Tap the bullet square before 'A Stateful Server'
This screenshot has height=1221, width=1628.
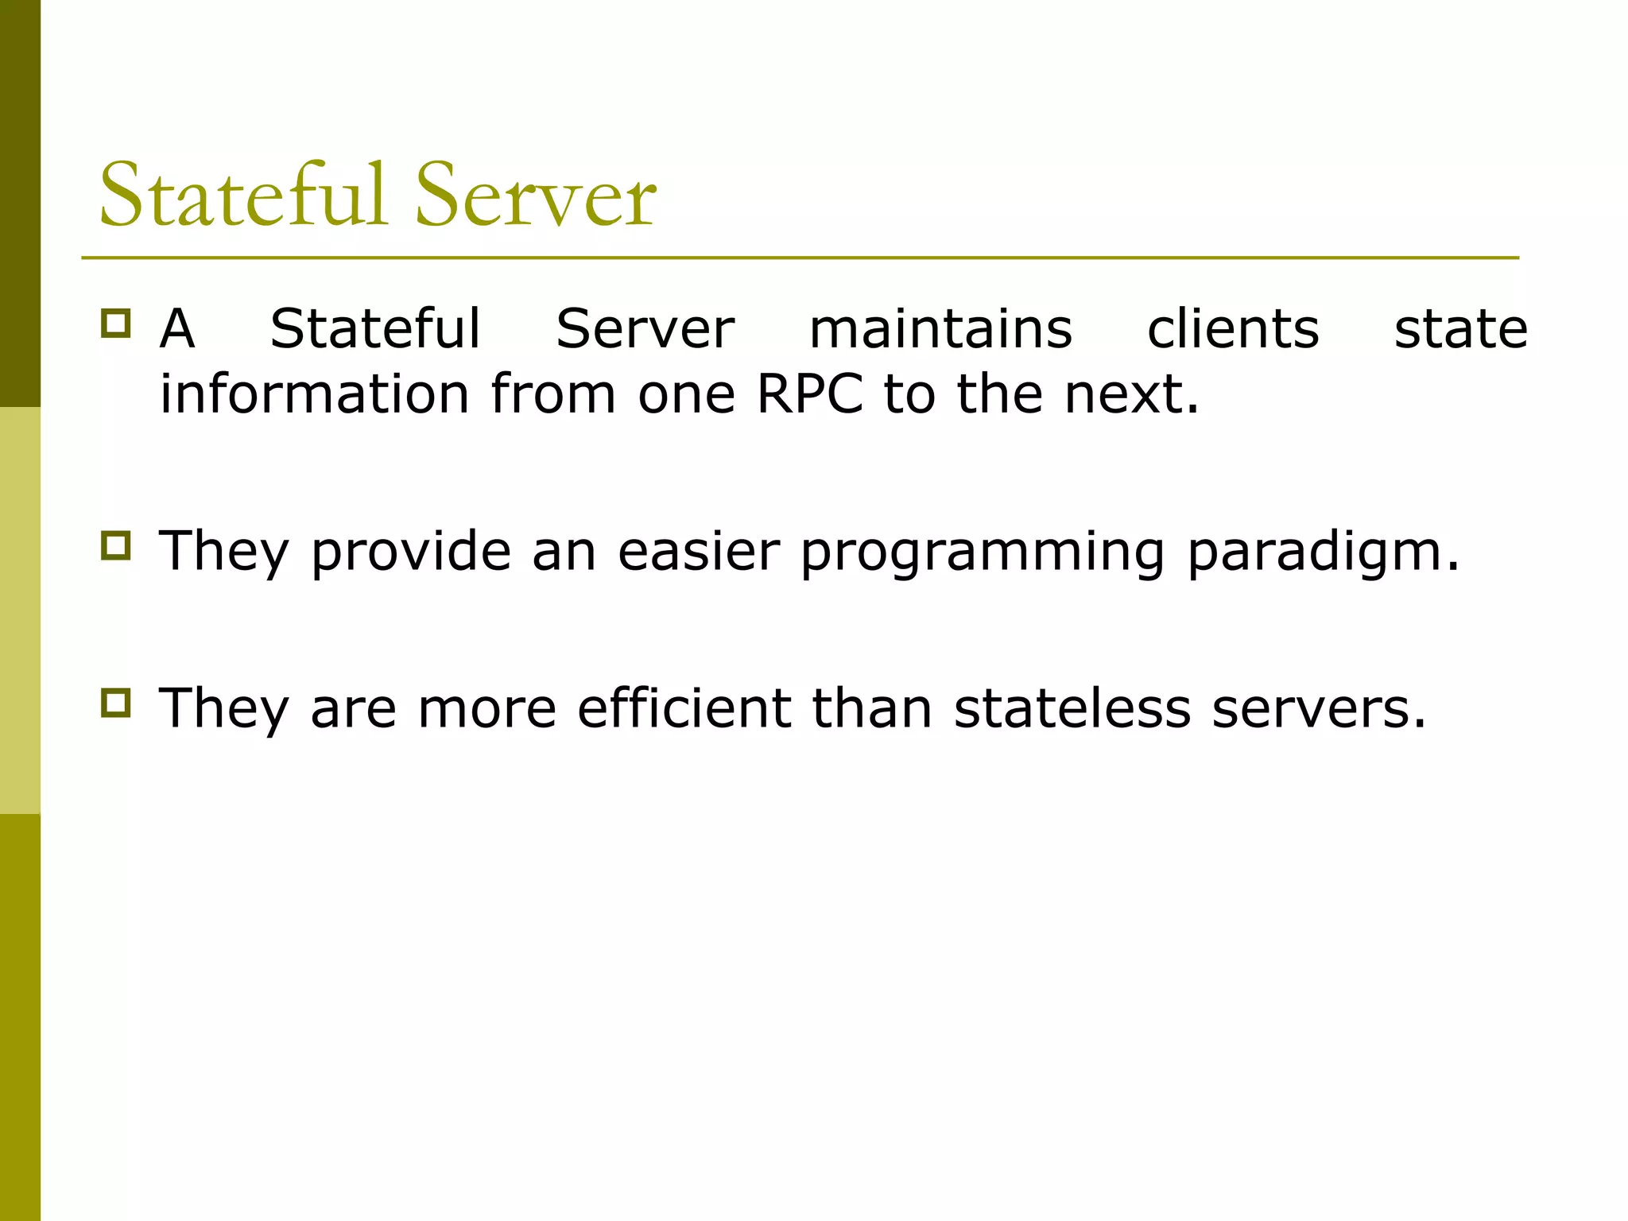click(x=115, y=324)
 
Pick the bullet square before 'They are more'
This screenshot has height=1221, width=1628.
click(x=115, y=703)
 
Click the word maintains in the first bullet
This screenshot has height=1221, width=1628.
click(x=940, y=328)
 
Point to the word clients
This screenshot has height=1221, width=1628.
click(x=1233, y=328)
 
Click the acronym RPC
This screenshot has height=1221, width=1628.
click(x=810, y=393)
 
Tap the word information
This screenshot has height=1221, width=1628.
click(x=315, y=393)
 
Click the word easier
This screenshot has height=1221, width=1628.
click(x=699, y=551)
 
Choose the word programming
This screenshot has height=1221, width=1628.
click(x=983, y=552)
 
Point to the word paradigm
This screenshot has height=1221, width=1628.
click(x=1315, y=552)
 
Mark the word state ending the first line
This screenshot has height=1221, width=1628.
click(x=1461, y=328)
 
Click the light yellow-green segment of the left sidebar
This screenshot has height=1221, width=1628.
click(x=20, y=610)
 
